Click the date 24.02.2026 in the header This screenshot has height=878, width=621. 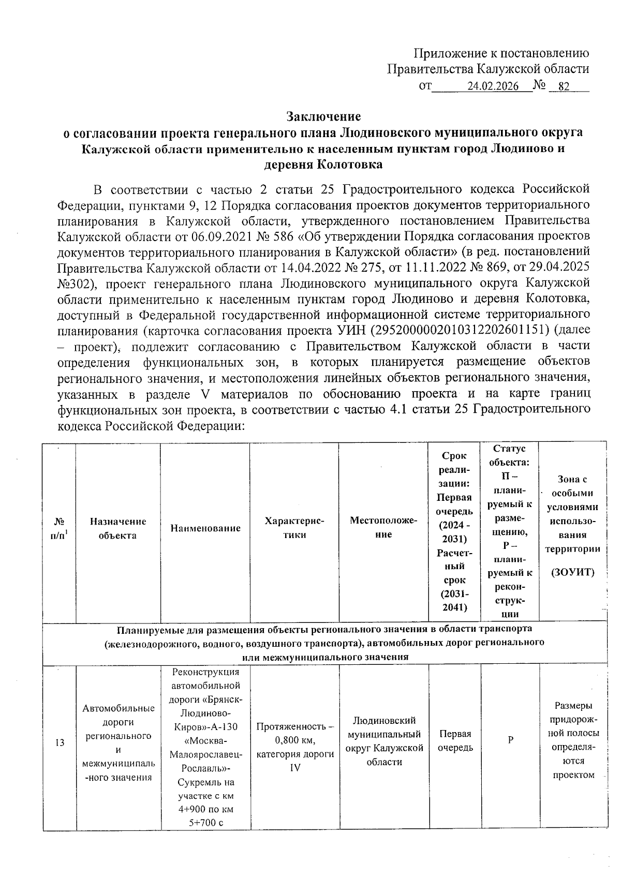click(x=492, y=87)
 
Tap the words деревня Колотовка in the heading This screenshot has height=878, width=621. click(x=323, y=165)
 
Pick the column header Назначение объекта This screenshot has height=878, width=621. click(x=118, y=528)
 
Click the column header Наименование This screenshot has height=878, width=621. click(x=205, y=528)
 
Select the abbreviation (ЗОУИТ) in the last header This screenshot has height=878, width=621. click(x=572, y=572)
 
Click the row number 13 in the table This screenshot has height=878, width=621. click(x=60, y=743)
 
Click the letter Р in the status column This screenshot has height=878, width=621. click(x=510, y=740)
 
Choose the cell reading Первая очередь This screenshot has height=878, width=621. click(x=455, y=740)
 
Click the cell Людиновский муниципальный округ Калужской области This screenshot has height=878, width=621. click(x=384, y=740)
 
